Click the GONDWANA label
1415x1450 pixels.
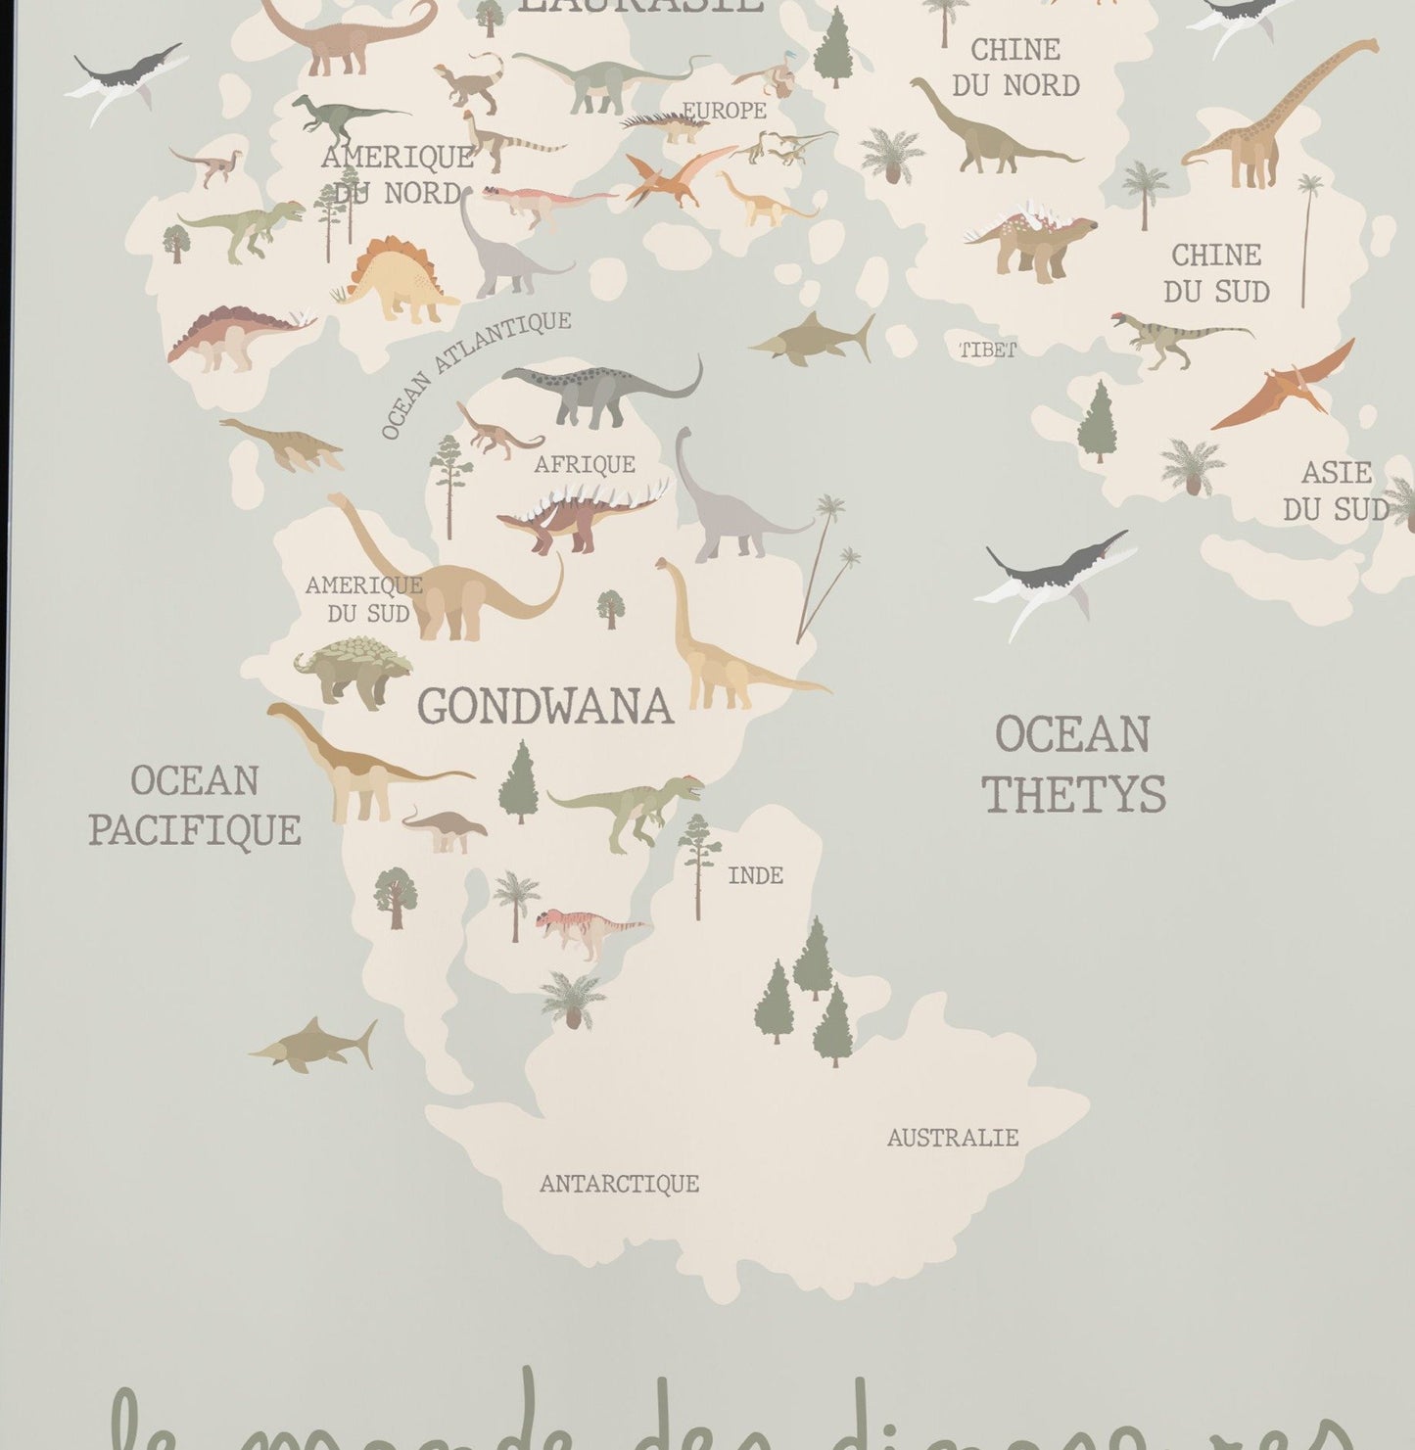click(545, 706)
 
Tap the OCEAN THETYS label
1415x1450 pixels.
click(1073, 764)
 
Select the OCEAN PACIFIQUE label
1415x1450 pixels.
click(195, 805)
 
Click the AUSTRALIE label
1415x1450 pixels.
click(952, 1138)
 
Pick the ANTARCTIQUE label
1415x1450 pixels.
click(619, 1184)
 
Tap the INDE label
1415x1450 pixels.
click(755, 875)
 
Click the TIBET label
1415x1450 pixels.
click(987, 350)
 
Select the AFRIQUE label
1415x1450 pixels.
click(585, 464)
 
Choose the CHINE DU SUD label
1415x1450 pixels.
click(1216, 273)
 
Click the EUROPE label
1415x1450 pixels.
click(724, 111)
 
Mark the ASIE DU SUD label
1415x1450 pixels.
click(1336, 491)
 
